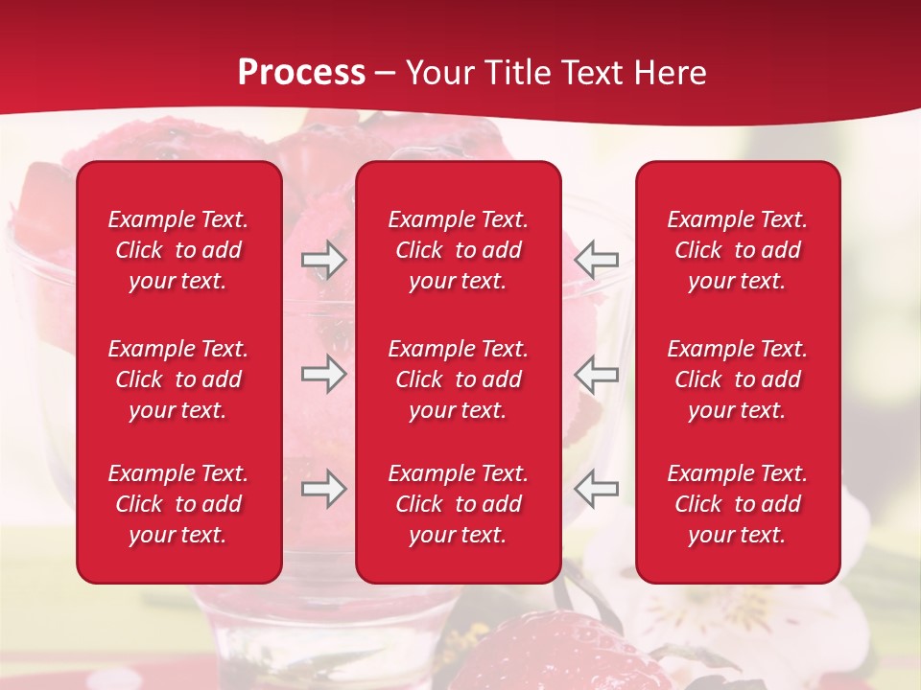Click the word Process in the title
(301, 73)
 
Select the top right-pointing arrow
(324, 260)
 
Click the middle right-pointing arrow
(324, 374)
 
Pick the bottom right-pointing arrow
(324, 489)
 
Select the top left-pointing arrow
(597, 260)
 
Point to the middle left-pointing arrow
(597, 374)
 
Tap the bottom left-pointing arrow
(597, 489)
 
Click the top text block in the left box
(178, 250)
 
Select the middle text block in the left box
(178, 379)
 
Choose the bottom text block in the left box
(178, 504)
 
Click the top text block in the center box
(458, 250)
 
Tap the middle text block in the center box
(458, 379)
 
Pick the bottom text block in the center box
(458, 504)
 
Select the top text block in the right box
(737, 250)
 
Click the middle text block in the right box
(737, 379)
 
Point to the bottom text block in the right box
(737, 504)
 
